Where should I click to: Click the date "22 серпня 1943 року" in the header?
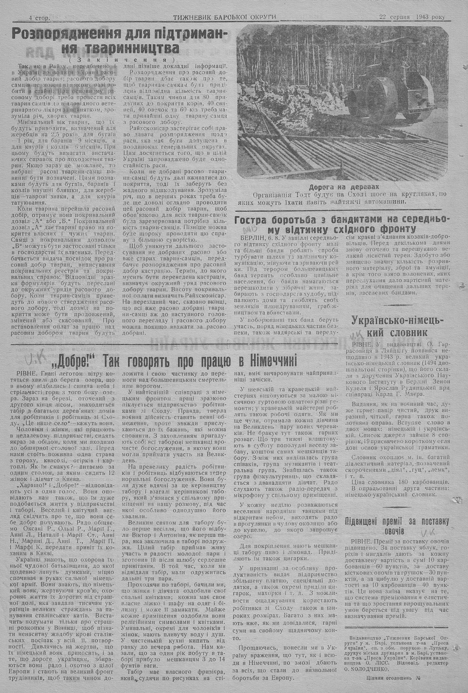412,17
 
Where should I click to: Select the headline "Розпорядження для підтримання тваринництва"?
119,41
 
